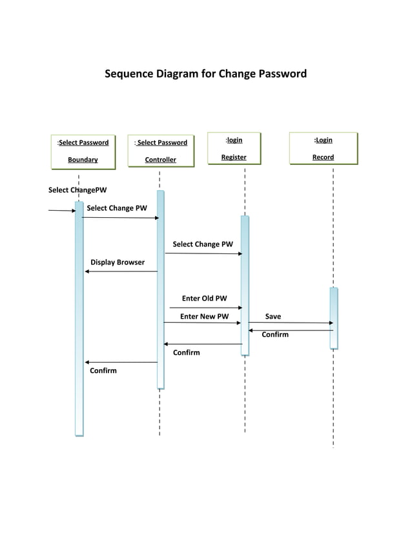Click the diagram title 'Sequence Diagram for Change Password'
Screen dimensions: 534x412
tap(205, 74)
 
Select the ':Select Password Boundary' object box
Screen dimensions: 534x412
tap(83, 151)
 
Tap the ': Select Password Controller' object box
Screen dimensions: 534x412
tap(160, 151)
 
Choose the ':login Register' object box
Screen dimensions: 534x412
tap(234, 148)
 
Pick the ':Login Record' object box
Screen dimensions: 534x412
tap(323, 148)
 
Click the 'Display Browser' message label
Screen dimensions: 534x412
tap(118, 262)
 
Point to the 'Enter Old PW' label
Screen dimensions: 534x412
tap(204, 299)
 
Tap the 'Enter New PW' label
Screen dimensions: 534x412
tap(204, 317)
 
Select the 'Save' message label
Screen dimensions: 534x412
tap(273, 317)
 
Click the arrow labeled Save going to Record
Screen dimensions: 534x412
tap(291, 323)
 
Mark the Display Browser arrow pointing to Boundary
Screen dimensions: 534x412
tap(121, 272)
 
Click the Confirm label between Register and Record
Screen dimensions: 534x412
tap(275, 335)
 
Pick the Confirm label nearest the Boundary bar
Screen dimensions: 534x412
tap(103, 370)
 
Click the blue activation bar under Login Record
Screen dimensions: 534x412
tap(333, 318)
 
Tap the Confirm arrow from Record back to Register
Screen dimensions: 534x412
tap(291, 330)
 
